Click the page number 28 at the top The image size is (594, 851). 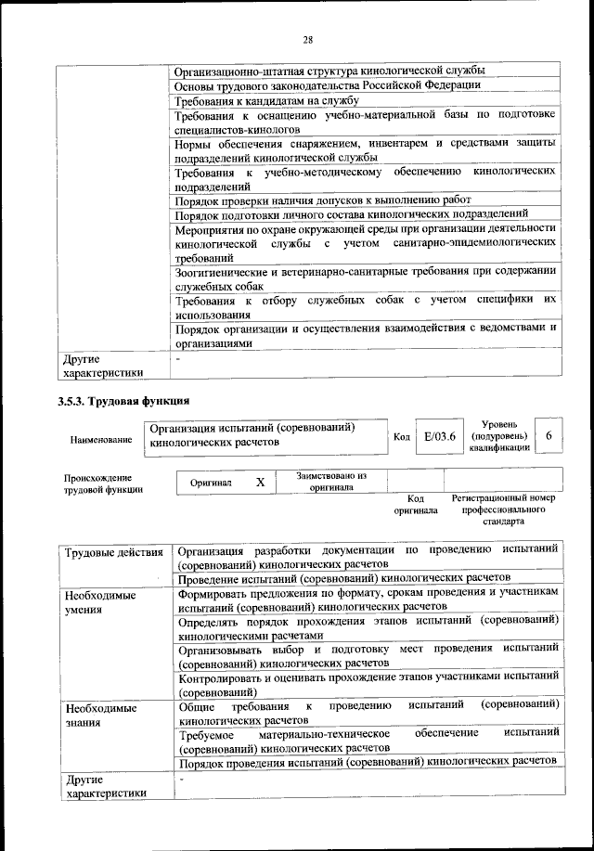[308, 39]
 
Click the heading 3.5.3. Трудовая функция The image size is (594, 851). [124, 402]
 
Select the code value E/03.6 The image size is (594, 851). [437, 437]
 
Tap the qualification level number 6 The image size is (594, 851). [549, 436]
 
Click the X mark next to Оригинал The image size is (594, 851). [261, 483]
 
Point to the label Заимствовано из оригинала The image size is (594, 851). [331, 482]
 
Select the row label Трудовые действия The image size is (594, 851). [114, 554]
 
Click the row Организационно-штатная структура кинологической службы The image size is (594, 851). [329, 71]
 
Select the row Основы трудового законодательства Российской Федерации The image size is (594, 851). [328, 85]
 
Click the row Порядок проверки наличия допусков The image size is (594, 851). [323, 200]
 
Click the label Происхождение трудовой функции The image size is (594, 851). [103, 483]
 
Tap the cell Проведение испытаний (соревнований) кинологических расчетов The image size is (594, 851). [344, 576]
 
